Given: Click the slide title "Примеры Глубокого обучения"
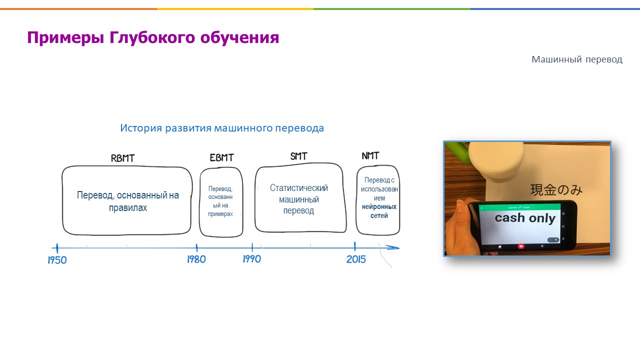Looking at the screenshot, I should (153, 38).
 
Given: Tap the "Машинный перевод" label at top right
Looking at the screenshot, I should (576, 59).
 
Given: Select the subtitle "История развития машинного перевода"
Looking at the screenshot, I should (222, 128).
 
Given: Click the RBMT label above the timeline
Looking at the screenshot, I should (123, 158).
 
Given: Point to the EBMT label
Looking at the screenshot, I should (222, 158).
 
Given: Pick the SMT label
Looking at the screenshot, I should (298, 156).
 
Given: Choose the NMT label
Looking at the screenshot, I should (370, 156).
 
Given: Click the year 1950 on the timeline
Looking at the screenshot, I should (57, 260).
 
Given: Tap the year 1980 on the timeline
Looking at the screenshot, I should (196, 259).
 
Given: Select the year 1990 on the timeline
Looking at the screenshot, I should (252, 259).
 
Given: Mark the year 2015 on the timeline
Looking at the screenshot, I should (356, 259).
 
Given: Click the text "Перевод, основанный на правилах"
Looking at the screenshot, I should (128, 201).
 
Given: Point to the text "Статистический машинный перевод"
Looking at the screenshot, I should (299, 199).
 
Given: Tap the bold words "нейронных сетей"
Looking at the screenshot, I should (379, 211).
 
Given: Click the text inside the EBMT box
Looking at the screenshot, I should (220, 201).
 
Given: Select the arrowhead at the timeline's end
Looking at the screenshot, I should (394, 247).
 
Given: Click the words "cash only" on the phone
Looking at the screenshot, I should (525, 218).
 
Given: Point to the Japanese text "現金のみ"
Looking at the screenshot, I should (556, 190).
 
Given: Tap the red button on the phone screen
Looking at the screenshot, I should (521, 246).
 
